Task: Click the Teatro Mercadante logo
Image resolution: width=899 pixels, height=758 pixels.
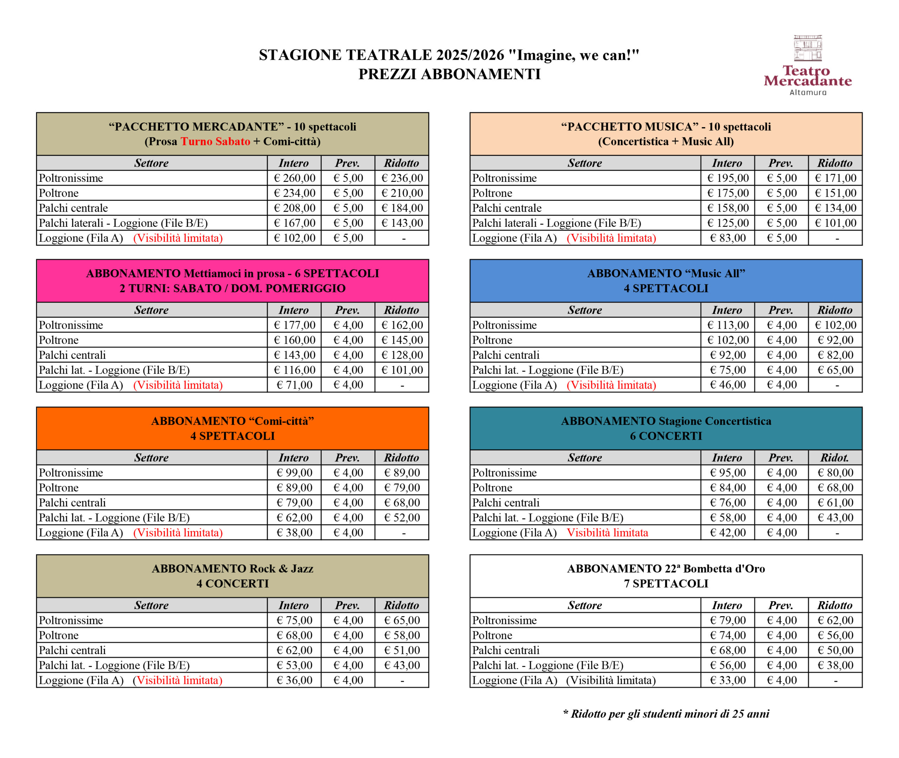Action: point(807,65)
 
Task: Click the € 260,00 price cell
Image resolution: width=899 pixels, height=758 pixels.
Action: point(294,178)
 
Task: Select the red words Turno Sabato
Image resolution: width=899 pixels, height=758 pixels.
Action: point(215,141)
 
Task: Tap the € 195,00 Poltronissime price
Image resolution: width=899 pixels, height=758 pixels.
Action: point(728,178)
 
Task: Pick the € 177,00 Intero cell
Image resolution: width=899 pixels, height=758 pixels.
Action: point(294,325)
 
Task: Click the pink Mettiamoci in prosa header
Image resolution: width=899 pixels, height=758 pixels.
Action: point(232,281)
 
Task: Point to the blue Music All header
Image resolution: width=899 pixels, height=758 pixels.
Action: point(666,281)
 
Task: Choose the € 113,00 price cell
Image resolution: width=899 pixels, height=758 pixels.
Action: point(728,325)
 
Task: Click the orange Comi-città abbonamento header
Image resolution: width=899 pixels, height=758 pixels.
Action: point(232,428)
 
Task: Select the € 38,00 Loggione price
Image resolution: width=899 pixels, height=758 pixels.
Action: point(294,532)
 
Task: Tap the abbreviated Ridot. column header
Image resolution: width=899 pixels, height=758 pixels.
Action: point(834,457)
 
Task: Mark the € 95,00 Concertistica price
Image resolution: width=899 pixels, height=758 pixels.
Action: point(728,473)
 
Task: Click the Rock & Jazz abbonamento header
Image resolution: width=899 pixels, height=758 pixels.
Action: point(232,576)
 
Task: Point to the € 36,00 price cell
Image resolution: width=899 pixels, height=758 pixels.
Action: point(294,680)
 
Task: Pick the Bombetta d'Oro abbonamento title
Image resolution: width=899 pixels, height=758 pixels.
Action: point(666,576)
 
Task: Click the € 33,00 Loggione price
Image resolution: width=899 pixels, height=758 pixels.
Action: point(728,680)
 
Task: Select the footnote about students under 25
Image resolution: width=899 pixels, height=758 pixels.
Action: point(666,714)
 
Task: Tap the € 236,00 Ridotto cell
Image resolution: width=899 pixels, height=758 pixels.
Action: point(402,178)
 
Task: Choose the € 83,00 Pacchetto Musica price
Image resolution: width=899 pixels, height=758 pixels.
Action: point(728,238)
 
